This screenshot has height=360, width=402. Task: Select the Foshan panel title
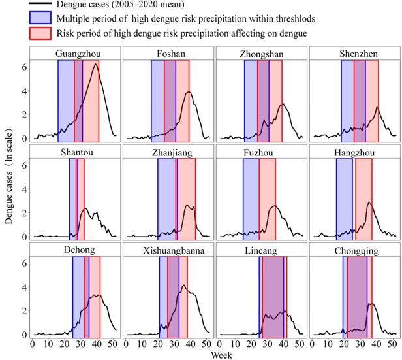pyautogui.click(x=168, y=54)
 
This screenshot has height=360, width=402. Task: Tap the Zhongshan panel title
pyautogui.click(x=261, y=54)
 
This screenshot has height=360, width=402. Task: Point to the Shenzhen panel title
pyautogui.click(x=353, y=54)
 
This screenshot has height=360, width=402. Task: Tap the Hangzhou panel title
pyautogui.click(x=353, y=152)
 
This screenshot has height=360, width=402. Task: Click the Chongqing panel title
pyautogui.click(x=353, y=250)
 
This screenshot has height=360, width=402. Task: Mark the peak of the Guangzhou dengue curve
pyautogui.click(x=96, y=64)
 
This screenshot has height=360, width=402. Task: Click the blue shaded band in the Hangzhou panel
pyautogui.click(x=345, y=196)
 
